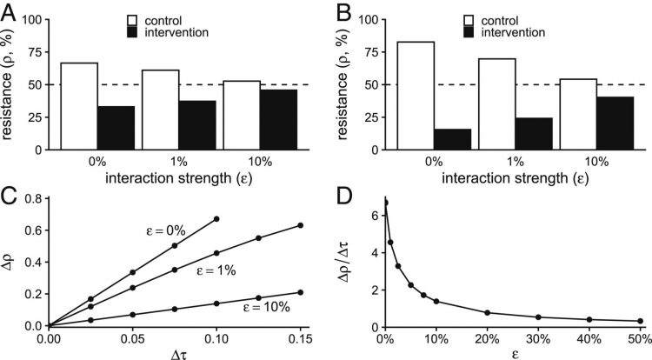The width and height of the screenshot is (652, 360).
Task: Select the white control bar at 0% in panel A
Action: tap(78, 106)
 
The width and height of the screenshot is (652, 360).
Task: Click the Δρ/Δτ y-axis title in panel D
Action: tap(346, 263)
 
